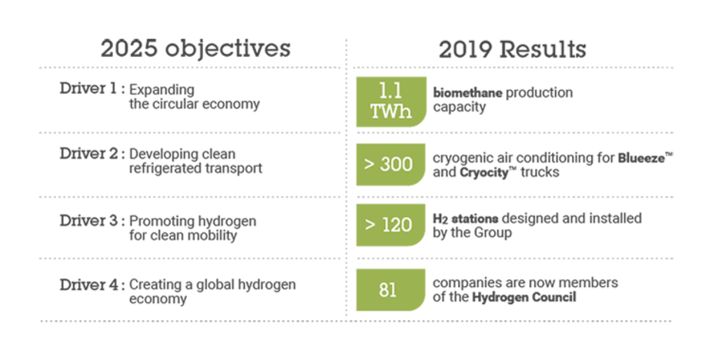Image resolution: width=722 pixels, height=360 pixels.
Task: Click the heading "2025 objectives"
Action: (196, 48)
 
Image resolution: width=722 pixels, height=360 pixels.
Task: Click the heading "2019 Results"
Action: (513, 48)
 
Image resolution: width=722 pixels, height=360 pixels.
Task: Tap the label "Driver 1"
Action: (89, 88)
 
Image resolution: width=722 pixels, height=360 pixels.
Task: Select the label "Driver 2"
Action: (89, 153)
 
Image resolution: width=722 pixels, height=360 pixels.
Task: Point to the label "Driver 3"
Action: (89, 220)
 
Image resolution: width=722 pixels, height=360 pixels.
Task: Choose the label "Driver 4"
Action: (89, 284)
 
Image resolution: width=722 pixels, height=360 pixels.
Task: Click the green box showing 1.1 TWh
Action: (391, 102)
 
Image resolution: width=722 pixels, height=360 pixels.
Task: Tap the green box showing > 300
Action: (391, 165)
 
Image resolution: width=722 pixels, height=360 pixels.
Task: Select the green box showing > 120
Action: (391, 225)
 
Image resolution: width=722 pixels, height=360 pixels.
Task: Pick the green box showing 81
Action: (391, 290)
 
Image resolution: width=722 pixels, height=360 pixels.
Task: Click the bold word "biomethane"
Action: (468, 93)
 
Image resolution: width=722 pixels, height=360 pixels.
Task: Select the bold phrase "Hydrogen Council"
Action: (524, 298)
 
